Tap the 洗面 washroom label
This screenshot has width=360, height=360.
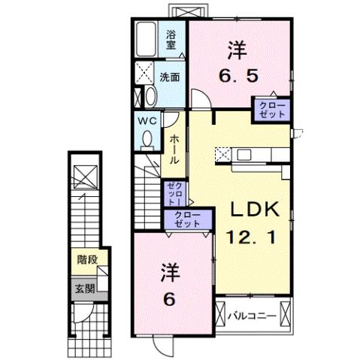(169, 77)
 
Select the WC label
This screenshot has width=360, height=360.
(146, 119)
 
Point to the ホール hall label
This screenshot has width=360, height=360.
(174, 149)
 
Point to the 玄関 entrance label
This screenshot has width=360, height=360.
(84, 287)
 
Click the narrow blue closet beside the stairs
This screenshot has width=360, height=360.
(172, 194)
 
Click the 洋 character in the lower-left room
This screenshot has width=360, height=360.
(168, 272)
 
